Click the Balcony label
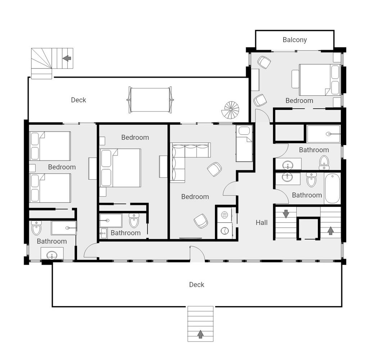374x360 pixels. coord(294,40)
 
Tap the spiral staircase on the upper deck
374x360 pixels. coord(230,110)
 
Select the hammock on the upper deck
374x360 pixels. coord(150,100)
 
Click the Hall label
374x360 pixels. coord(261,222)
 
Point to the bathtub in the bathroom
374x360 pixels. coord(332,189)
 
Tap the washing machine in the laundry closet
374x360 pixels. coord(225,215)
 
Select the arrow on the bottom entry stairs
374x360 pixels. coord(200,334)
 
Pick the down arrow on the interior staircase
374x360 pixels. coord(286,214)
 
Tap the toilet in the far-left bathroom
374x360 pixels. coord(36,228)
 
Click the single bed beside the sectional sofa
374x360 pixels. coord(244,144)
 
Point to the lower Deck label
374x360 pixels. coord(197,285)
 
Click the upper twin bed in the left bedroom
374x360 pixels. coord(50,146)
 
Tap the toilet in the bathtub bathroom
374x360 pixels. coord(311,179)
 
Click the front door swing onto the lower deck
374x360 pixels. coord(197,254)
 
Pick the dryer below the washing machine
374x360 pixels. coord(225,231)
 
